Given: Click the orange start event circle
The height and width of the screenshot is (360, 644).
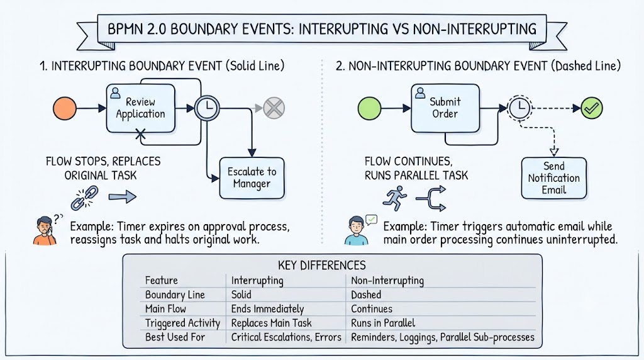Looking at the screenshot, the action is click(65, 108).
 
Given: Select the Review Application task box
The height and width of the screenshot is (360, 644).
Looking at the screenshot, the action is click(140, 108).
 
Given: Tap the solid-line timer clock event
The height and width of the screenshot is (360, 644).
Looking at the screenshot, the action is click(207, 108).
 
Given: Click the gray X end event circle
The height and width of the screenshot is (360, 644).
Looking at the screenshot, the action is click(274, 108).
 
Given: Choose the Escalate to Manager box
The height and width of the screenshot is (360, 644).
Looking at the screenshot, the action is click(252, 178).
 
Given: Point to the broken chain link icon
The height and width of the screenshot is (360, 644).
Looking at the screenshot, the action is click(85, 198).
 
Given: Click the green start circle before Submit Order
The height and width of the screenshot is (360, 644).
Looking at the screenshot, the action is click(370, 108).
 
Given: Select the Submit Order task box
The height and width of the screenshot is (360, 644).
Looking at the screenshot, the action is click(445, 108).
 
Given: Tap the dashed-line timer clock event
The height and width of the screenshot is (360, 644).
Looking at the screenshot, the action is click(520, 108).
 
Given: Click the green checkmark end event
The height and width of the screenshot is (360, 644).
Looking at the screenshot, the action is click(592, 108).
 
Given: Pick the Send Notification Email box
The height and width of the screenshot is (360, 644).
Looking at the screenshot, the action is click(554, 178).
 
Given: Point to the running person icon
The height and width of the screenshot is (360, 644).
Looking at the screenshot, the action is click(395, 198).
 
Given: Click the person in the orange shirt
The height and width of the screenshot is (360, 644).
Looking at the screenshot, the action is click(45, 231).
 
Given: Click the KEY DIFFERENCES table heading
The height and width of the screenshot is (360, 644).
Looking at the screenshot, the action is click(322, 265).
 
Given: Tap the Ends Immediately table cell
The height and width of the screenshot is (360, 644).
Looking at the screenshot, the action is click(267, 308).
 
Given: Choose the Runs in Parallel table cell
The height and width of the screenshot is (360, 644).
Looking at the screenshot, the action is click(383, 323).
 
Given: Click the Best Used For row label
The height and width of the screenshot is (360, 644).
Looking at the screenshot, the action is click(175, 337).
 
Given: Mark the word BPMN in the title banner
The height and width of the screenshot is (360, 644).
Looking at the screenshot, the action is click(124, 29).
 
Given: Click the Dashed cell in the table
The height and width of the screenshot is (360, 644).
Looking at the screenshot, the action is click(366, 295).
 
